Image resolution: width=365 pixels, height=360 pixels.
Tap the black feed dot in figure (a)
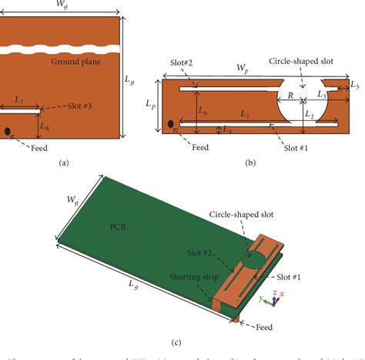8,132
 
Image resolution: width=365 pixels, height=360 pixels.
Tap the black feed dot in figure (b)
170,123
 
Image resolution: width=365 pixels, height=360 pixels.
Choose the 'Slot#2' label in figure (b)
176,61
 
